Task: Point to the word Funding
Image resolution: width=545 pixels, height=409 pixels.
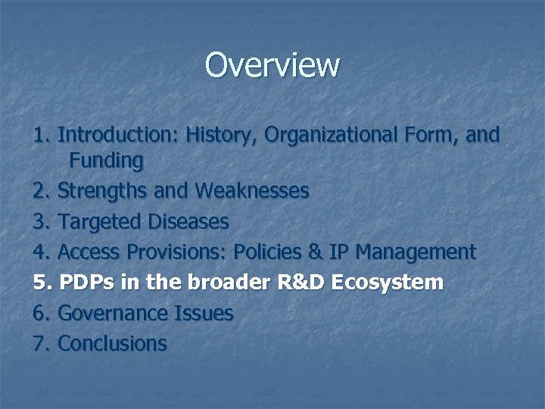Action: [106, 161]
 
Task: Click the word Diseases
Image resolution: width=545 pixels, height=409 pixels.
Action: [189, 222]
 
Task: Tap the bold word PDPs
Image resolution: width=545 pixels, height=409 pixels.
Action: [84, 283]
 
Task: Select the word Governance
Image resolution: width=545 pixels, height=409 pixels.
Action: [113, 313]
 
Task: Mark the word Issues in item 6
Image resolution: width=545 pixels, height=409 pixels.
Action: [204, 313]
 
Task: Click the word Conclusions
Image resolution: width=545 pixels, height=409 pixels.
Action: [112, 343]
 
